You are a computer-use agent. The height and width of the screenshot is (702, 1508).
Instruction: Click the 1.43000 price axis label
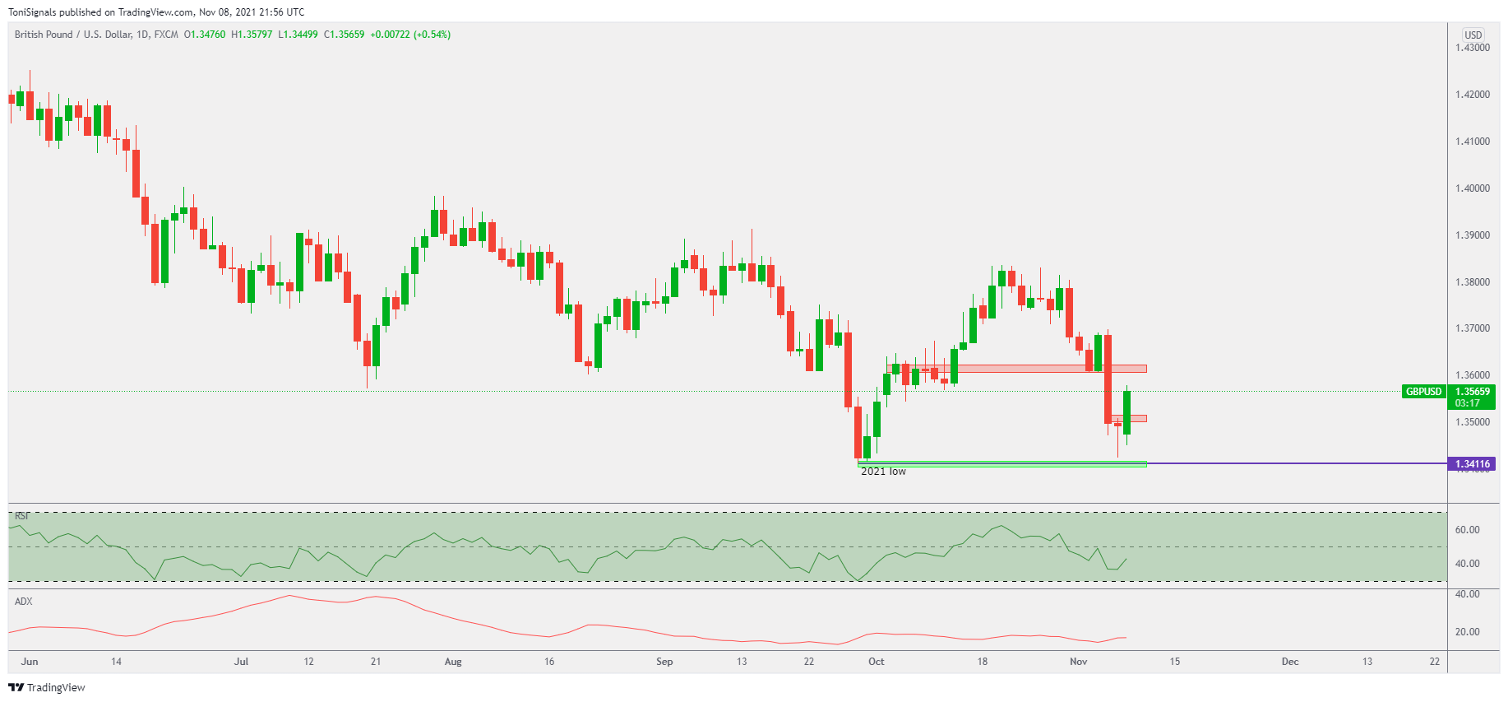click(x=1472, y=48)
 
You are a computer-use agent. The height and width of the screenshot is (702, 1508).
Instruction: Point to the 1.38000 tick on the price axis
click(x=1472, y=282)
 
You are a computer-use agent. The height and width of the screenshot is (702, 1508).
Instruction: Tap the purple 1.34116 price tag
click(x=1472, y=464)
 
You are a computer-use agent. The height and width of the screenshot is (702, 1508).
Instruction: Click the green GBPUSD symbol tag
click(x=1423, y=392)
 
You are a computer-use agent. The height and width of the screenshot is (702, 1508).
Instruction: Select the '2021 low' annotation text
click(x=883, y=472)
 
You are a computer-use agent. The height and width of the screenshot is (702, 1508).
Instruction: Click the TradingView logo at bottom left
click(x=47, y=687)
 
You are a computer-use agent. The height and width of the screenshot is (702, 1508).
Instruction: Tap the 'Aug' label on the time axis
click(x=453, y=662)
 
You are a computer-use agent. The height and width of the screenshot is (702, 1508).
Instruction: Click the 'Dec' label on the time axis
click(x=1290, y=662)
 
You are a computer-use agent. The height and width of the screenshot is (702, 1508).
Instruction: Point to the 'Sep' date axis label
click(x=664, y=662)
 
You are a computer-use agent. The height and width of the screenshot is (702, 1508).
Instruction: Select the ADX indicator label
click(x=24, y=602)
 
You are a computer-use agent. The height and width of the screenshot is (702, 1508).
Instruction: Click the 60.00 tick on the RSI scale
click(x=1467, y=530)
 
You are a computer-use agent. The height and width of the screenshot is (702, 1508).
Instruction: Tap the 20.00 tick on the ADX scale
click(x=1467, y=632)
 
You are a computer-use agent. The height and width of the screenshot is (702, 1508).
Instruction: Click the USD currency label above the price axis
click(x=1473, y=35)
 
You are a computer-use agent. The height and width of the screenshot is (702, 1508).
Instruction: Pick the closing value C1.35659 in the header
click(x=344, y=35)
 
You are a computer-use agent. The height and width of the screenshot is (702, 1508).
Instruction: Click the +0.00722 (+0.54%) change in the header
click(x=410, y=35)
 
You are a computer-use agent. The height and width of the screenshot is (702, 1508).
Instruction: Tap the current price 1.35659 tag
click(x=1472, y=392)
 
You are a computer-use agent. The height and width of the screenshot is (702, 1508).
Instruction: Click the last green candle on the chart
click(x=1126, y=412)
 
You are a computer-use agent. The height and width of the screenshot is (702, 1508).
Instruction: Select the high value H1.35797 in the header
click(x=252, y=35)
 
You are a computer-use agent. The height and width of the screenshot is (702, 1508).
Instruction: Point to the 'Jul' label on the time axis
click(x=241, y=662)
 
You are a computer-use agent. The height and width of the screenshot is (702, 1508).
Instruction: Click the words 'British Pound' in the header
click(x=44, y=35)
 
